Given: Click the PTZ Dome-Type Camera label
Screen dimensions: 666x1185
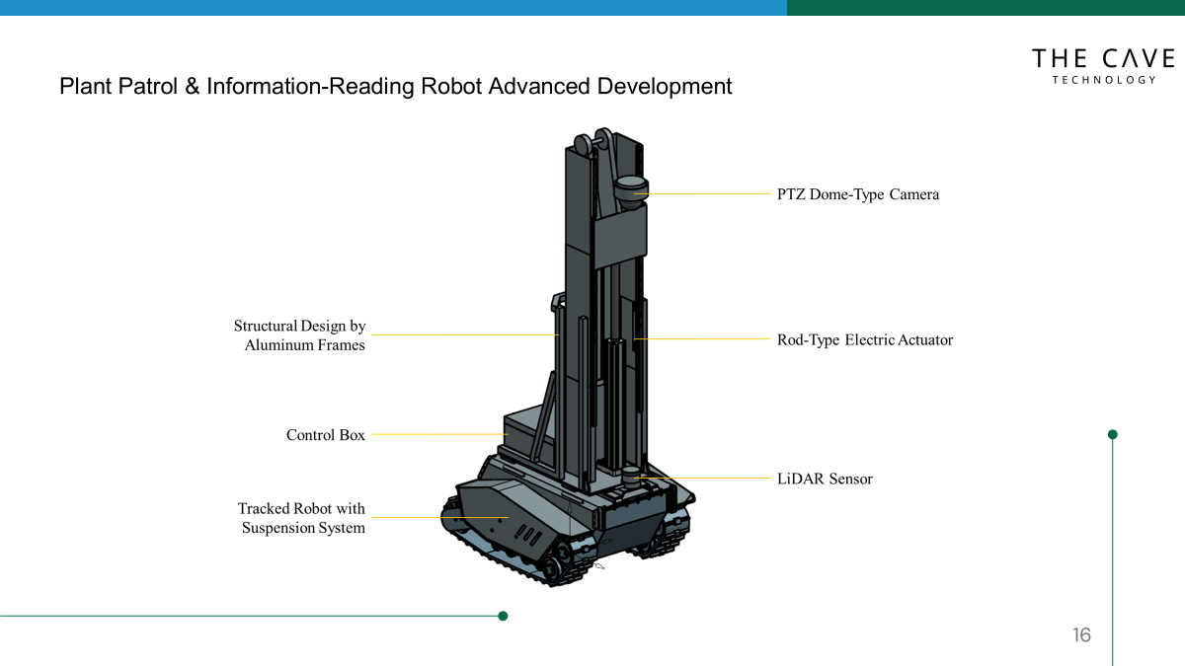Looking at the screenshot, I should click(857, 194).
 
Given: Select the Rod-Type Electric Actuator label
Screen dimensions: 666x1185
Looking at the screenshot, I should click(864, 340).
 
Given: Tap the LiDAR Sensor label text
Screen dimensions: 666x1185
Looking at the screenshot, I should click(825, 479).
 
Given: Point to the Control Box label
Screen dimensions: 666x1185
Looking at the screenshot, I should click(325, 435).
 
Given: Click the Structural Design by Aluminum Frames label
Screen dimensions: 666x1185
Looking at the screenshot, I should click(299, 335).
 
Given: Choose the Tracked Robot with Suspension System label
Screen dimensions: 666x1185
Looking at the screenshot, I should click(301, 518).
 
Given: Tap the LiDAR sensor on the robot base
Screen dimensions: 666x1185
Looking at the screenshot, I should click(632, 477).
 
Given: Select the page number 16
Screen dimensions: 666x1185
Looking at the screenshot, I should click(1081, 635).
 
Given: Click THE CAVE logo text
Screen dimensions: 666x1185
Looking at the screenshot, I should click(1103, 59).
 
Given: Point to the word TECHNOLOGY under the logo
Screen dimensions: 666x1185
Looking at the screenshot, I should click(1103, 80).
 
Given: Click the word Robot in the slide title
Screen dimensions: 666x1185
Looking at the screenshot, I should click(451, 86).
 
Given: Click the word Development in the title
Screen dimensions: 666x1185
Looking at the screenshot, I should click(665, 86).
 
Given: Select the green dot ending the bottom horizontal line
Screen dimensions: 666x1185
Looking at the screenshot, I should click(503, 616).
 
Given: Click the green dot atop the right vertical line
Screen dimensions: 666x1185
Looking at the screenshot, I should click(1113, 434).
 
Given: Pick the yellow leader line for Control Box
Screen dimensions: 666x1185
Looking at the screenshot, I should click(439, 434).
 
